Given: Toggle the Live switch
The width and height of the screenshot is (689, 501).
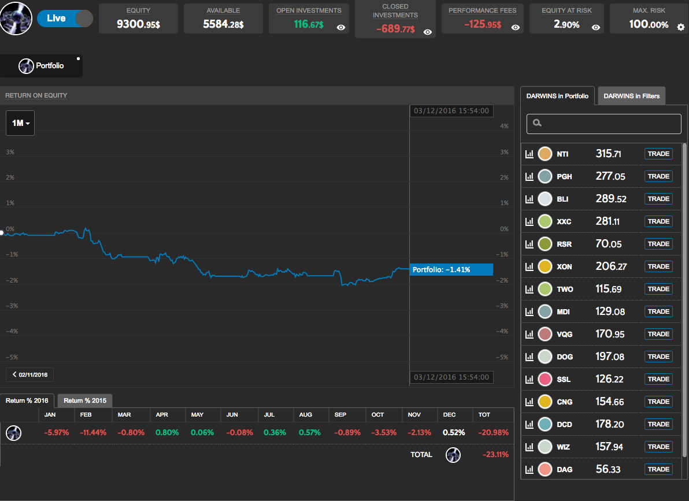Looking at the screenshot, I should tap(65, 18).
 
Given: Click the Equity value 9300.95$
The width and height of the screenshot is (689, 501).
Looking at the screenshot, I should tap(138, 25).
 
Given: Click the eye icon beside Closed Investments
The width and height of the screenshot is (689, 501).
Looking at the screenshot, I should tap(428, 32).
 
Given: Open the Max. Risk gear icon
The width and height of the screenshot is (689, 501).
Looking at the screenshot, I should tap(680, 26).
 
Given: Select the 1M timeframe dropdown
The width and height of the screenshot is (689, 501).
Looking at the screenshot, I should tap(20, 123).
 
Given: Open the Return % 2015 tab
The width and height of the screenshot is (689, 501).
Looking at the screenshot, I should tap(85, 400).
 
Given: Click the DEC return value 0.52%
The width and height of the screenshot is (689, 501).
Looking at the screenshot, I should tap(454, 432).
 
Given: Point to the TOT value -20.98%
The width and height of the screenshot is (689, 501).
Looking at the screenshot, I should tap(492, 432).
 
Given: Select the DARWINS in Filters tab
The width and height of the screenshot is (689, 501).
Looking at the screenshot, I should tap(631, 96).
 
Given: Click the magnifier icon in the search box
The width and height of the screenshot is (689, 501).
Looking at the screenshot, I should tap(537, 123).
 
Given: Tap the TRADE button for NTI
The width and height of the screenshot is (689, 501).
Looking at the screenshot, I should tap(658, 154).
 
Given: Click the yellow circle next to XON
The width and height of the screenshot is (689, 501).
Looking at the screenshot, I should tap(544, 266).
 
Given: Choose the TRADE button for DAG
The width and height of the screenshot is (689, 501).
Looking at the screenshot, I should tap(658, 469).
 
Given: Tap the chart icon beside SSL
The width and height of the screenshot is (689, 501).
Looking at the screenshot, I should tap(529, 379).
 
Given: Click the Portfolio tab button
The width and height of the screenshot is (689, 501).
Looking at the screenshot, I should tap(42, 66).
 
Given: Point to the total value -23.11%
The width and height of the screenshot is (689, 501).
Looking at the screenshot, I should tap(495, 455).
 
